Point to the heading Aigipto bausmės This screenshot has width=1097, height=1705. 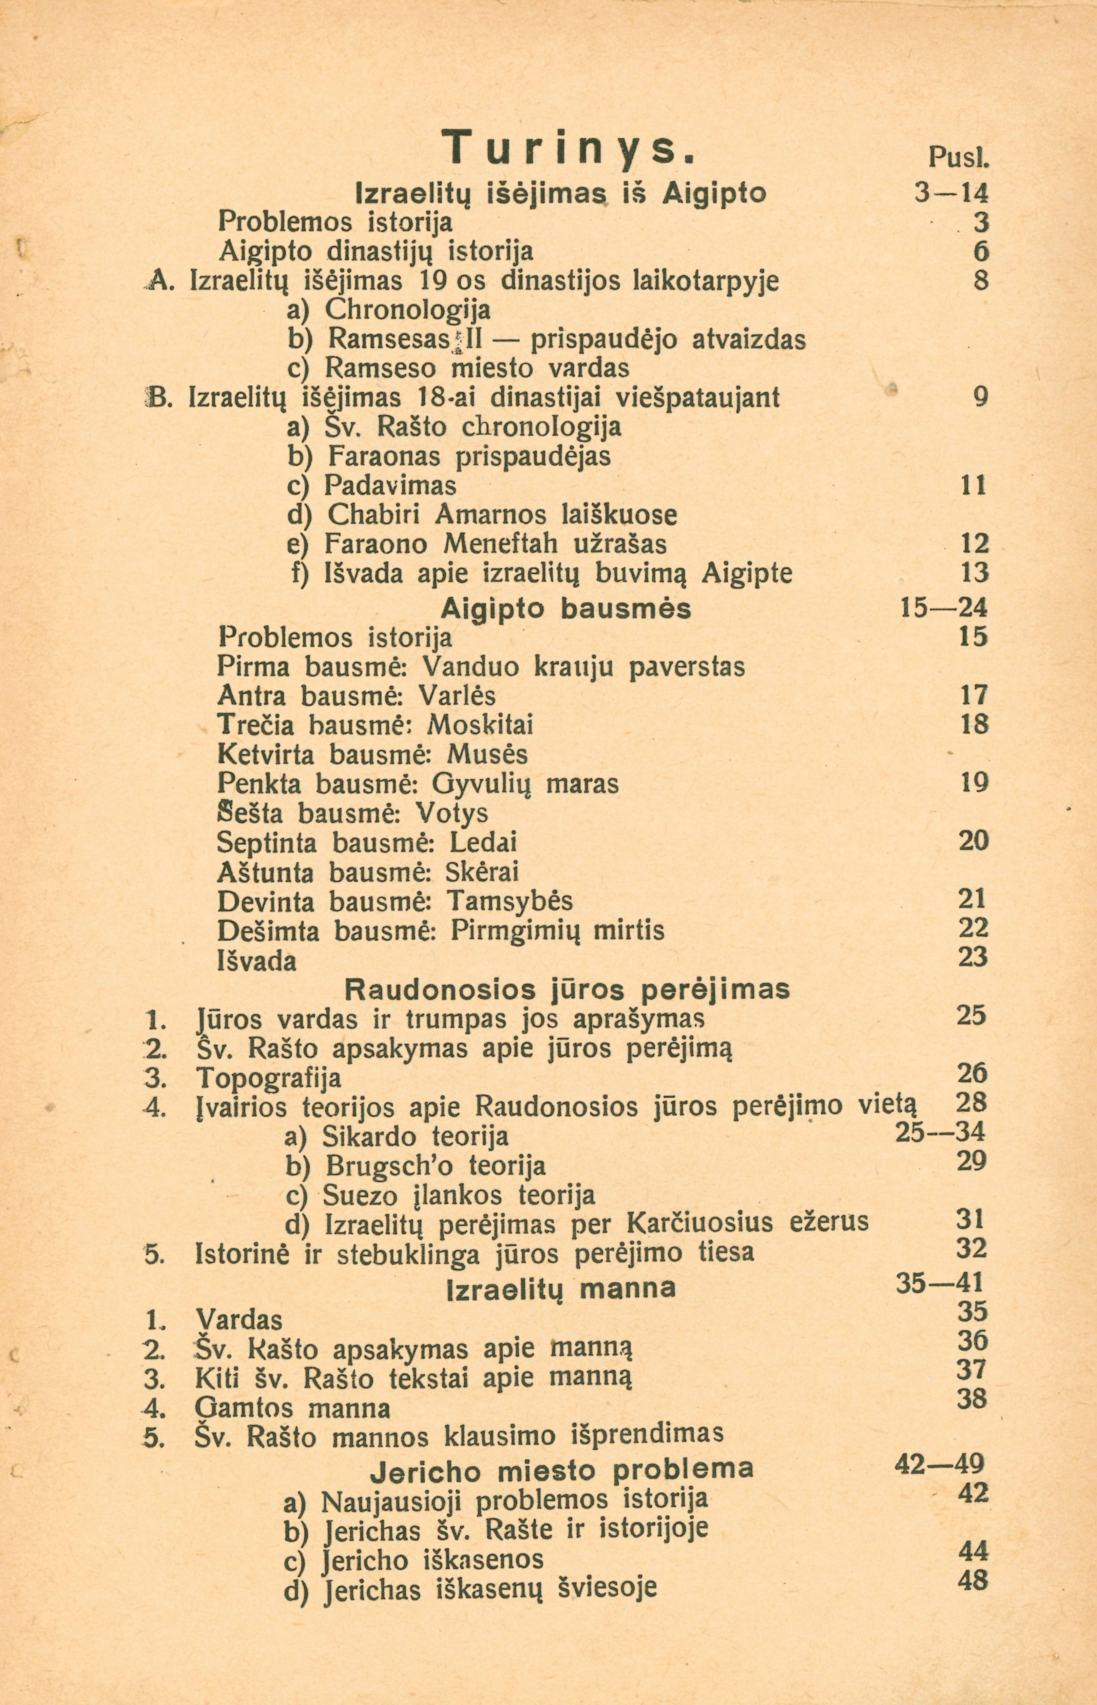click(x=566, y=609)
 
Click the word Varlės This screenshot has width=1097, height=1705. click(x=457, y=696)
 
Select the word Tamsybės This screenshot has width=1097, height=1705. click(x=510, y=902)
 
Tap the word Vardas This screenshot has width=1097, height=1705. click(x=239, y=1320)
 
